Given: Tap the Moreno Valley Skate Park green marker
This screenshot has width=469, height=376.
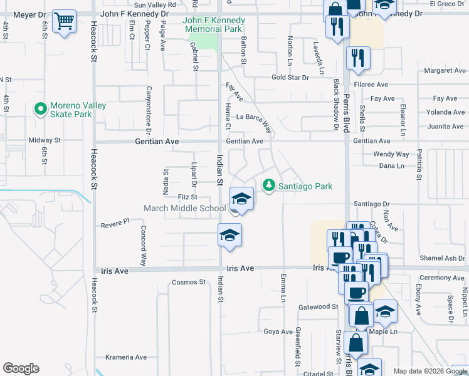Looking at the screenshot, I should tap(41, 110).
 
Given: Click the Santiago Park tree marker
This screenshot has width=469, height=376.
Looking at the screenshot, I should tap(269, 185).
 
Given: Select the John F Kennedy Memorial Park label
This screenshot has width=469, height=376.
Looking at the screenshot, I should tap(213, 25).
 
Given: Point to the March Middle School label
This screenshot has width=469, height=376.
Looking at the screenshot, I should tap(184, 208).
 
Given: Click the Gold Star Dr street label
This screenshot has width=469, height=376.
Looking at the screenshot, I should tap(290, 78).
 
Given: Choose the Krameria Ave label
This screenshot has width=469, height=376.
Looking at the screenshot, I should tap(126, 357).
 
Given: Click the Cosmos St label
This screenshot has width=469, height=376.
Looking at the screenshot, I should tap(189, 282).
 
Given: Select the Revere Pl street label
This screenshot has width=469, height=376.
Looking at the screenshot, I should tap(115, 221).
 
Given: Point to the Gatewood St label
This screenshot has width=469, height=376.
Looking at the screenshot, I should tap(318, 306).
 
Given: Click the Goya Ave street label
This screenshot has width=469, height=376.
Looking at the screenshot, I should tap(278, 332).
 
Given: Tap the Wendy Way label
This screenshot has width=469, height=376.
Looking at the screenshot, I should tap(391, 154).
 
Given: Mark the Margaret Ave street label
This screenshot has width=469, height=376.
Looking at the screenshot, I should tap(445, 71).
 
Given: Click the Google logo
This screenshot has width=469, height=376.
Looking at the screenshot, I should tap(21, 368).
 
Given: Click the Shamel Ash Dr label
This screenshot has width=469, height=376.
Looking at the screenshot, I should tap(442, 258).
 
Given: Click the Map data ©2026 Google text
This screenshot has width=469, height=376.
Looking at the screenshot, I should tap(429, 371).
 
